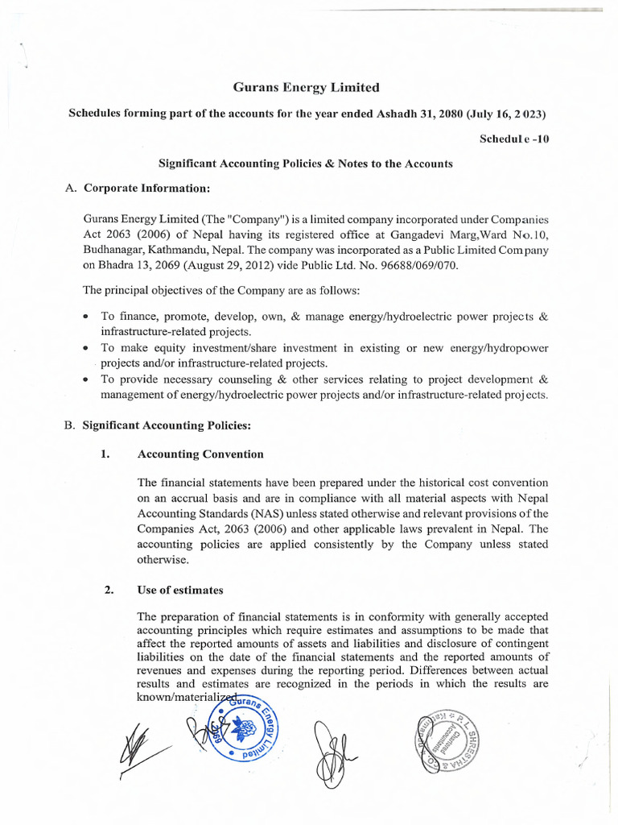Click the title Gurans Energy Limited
306,87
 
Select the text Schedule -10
514,139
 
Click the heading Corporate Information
147,189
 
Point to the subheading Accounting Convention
200,454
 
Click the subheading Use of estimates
180,590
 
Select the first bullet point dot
86,317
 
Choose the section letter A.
69,189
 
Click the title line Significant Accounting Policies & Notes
306,164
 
